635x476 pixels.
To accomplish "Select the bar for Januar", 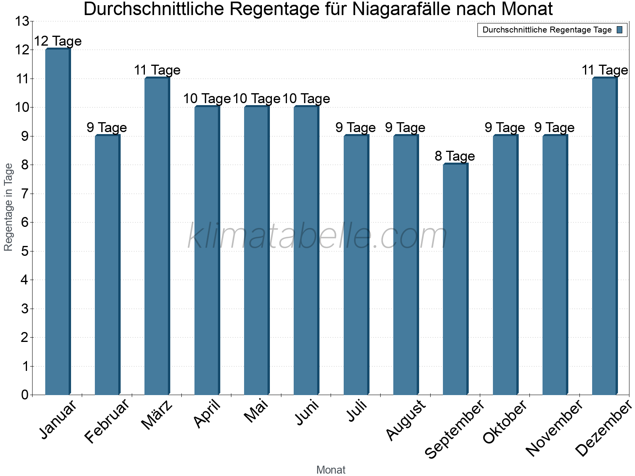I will pyautogui.click(x=58, y=222).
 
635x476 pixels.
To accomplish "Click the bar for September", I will pyautogui.click(x=456, y=280).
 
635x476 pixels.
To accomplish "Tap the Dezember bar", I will pyautogui.click(x=605, y=236).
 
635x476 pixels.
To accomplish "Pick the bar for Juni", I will pyautogui.click(x=306, y=251).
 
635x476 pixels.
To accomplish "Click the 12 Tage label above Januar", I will pyautogui.click(x=58, y=41).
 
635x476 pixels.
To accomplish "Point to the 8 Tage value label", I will pyautogui.click(x=455, y=156).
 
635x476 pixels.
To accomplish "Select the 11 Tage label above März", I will pyautogui.click(x=157, y=70).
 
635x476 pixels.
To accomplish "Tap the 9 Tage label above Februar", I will pyautogui.click(x=107, y=128).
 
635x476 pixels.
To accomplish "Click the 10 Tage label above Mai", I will pyautogui.click(x=256, y=99).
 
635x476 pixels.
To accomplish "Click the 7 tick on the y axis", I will pyautogui.click(x=25, y=194).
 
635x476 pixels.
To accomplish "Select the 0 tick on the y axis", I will pyautogui.click(x=25, y=395).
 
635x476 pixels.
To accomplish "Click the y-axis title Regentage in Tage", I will pyautogui.click(x=9, y=207).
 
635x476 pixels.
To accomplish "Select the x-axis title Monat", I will pyautogui.click(x=331, y=470).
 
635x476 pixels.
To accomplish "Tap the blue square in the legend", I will pyautogui.click(x=620, y=30).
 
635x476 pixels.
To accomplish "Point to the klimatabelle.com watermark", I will pyautogui.click(x=317, y=236).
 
